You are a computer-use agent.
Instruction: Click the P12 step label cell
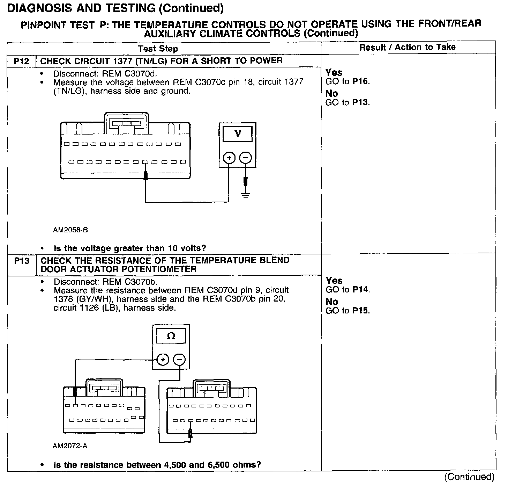[x=21, y=61]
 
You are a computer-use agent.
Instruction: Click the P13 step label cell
[x=22, y=261]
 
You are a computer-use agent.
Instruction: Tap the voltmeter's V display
[x=238, y=133]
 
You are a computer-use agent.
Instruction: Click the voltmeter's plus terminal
[x=229, y=158]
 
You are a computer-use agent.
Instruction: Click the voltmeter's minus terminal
[x=246, y=158]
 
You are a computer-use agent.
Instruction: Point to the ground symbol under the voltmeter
[x=246, y=195]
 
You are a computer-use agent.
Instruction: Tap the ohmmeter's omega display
[x=171, y=336]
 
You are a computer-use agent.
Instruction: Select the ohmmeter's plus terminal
[x=163, y=359]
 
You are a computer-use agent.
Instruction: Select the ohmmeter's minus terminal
[x=179, y=359]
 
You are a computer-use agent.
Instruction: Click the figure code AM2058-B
[x=70, y=230]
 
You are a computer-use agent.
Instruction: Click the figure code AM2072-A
[x=70, y=446]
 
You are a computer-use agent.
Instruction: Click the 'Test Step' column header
[x=158, y=49]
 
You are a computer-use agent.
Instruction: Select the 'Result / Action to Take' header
[x=408, y=47]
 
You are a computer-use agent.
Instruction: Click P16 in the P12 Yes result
[x=360, y=81]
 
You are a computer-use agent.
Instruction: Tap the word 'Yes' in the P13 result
[x=334, y=281]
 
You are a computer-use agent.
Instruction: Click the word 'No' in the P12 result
[x=331, y=93]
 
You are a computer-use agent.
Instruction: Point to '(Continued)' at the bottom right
[x=469, y=477]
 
